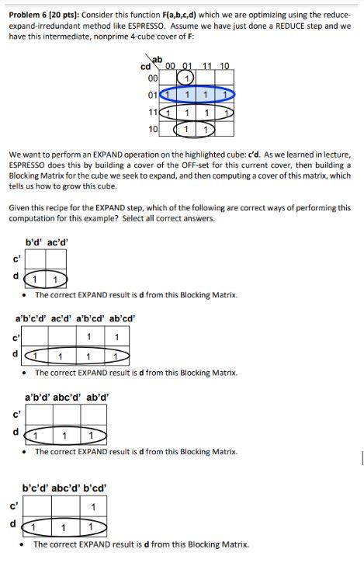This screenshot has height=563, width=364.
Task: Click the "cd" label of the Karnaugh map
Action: [x=145, y=66]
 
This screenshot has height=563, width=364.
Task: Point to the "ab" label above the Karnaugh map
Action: [x=158, y=59]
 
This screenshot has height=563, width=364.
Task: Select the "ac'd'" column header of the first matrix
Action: [x=57, y=242]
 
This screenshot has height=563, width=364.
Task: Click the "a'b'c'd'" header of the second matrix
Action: [x=33, y=318]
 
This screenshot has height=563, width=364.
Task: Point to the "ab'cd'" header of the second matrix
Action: [x=122, y=318]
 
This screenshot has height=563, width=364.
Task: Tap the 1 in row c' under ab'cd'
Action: [x=116, y=337]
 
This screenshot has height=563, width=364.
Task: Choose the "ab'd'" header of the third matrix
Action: [x=97, y=396]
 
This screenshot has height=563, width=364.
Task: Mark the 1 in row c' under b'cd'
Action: [x=93, y=508]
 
